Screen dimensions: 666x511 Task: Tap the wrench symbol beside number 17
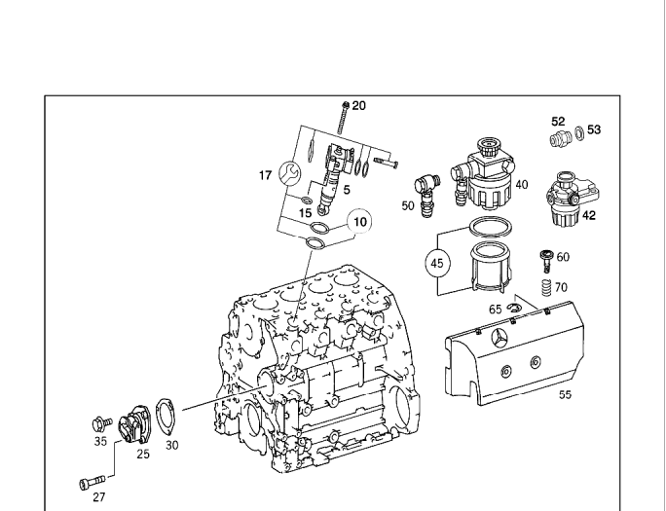290,173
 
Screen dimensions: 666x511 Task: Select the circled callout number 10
359,222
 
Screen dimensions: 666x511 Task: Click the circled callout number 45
436,263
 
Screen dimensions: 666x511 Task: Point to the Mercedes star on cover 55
500,338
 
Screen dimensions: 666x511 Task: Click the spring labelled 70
546,288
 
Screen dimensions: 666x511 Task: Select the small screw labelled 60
546,261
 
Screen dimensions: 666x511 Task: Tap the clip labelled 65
513,309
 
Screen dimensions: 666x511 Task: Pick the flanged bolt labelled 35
102,423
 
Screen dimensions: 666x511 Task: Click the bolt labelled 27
92,483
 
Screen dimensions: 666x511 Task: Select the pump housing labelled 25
133,424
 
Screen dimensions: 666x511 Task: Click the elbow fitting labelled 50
426,195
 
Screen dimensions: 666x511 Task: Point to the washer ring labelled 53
579,132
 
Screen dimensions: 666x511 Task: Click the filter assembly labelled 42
572,199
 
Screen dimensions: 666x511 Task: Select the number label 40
522,185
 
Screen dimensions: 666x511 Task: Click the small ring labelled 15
307,200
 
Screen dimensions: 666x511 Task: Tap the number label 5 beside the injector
347,190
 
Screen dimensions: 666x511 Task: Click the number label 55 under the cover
565,395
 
